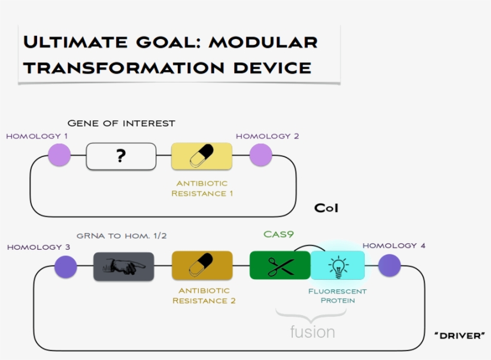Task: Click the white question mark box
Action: click(121, 156)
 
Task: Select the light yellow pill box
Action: click(201, 156)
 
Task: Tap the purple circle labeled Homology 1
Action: click(59, 155)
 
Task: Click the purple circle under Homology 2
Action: click(260, 155)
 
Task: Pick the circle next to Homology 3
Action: click(66, 267)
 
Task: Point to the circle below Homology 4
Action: click(389, 265)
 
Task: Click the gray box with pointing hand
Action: click(123, 267)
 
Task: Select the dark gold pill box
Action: click(202, 266)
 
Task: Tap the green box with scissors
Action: click(280, 265)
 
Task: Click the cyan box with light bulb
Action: click(338, 265)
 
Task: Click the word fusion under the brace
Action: click(312, 331)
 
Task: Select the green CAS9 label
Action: click(278, 234)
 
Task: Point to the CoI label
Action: click(326, 208)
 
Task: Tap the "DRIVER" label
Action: click(459, 335)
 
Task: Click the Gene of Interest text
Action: click(121, 123)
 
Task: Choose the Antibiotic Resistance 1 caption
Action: click(202, 188)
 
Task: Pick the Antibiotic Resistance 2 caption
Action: click(204, 296)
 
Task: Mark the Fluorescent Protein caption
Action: click(337, 296)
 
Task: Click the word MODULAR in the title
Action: click(263, 42)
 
